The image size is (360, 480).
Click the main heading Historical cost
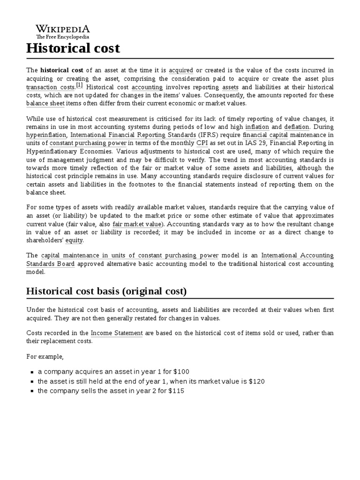(x=73, y=48)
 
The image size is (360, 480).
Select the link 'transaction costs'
(x=51, y=87)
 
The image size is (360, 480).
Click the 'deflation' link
(x=297, y=127)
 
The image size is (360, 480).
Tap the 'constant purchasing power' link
(x=88, y=143)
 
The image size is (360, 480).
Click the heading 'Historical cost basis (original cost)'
(x=106, y=292)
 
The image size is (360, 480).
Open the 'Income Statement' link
(x=117, y=333)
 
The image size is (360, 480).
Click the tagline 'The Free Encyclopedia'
(x=63, y=37)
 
